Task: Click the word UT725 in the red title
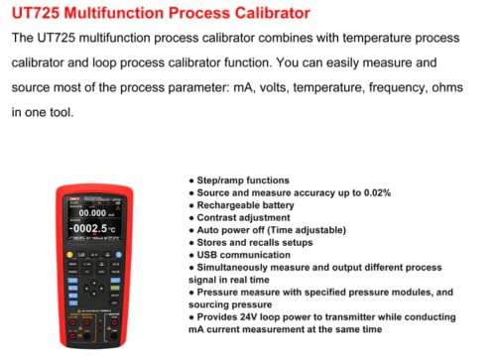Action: [38, 15]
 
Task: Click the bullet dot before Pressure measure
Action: [190, 294]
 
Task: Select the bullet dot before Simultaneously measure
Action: [190, 268]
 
